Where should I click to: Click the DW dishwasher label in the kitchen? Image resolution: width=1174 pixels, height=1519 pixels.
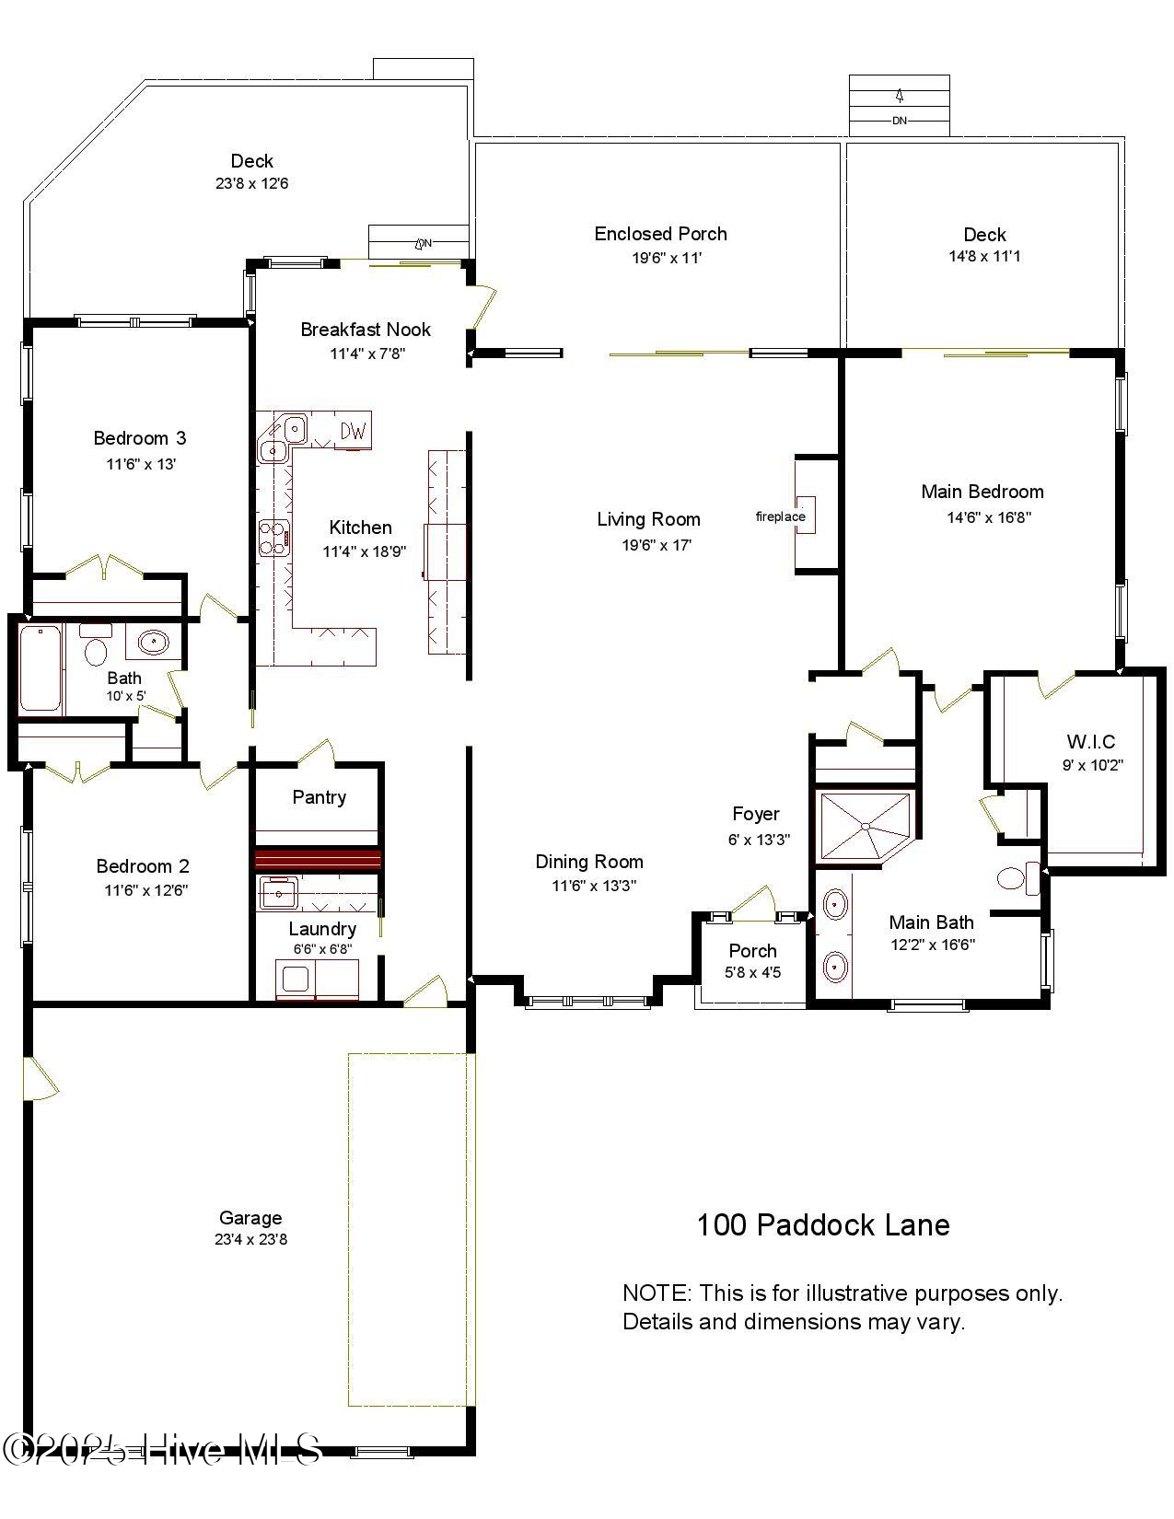click(x=354, y=430)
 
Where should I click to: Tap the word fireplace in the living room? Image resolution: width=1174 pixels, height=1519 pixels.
click(x=780, y=516)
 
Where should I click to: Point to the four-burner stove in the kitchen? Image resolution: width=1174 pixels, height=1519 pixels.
click(x=273, y=538)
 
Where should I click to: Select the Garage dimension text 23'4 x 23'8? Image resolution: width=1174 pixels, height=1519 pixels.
click(x=250, y=1239)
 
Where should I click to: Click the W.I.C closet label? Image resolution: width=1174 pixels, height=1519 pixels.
click(x=1091, y=741)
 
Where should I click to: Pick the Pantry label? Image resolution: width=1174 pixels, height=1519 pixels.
click(x=319, y=797)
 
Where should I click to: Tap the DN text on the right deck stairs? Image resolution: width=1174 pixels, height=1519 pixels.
click(x=899, y=121)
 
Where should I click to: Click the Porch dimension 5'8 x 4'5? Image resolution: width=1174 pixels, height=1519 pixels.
click(x=752, y=972)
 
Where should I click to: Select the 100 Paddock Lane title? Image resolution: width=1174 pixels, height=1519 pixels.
click(x=822, y=1225)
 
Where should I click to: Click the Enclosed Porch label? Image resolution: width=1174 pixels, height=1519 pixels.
click(x=660, y=234)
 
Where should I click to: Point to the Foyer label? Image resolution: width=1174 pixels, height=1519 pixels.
click(x=755, y=814)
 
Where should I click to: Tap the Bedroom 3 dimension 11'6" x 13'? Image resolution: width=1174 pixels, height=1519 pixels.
click(x=141, y=464)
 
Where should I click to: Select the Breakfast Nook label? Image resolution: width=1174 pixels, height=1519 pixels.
click(x=366, y=330)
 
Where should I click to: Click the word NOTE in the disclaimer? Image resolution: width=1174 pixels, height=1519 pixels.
click(x=655, y=1293)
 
